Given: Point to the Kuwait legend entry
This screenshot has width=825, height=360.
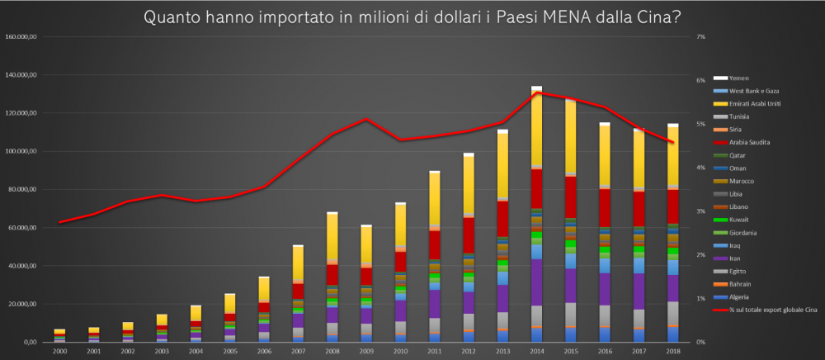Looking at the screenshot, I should [x=737, y=219].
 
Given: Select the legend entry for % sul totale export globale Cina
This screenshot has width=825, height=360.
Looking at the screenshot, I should [x=763, y=310].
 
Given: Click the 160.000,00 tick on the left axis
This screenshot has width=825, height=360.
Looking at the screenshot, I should [x=21, y=37].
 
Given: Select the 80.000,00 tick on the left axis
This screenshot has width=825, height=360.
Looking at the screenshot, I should [x=22, y=189].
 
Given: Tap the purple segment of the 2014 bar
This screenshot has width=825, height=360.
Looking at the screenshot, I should [x=536, y=282].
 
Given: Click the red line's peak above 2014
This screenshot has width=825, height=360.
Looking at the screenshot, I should [x=536, y=92].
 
